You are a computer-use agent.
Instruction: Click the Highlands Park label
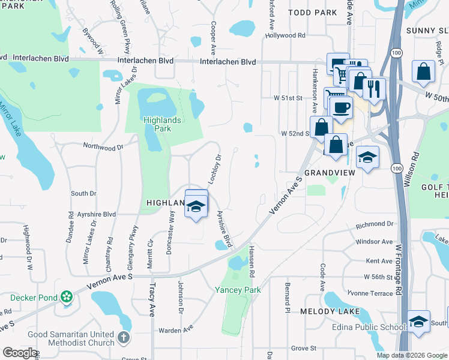(x=157, y=124)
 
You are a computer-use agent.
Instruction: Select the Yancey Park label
(x=238, y=290)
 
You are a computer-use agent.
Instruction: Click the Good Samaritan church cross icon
(x=123, y=338)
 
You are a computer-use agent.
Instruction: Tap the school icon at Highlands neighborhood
(x=196, y=206)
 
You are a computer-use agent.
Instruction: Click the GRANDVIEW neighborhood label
(x=331, y=172)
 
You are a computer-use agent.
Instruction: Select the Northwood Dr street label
(x=103, y=146)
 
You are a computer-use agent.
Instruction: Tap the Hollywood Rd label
(x=285, y=35)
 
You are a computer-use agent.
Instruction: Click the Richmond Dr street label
(x=374, y=224)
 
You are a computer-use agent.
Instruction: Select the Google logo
(x=20, y=353)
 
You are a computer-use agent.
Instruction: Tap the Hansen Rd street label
(x=253, y=261)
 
